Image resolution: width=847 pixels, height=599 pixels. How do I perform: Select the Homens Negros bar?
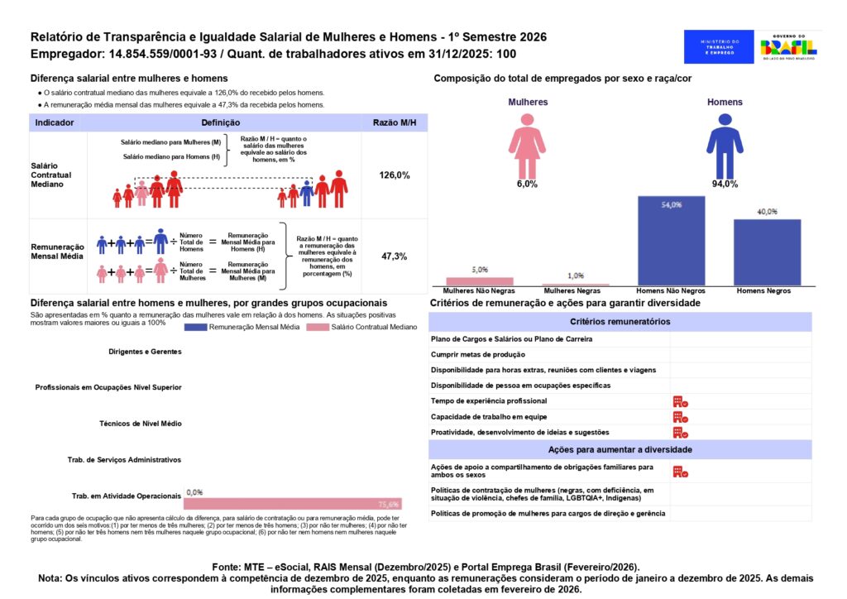[x=767, y=252]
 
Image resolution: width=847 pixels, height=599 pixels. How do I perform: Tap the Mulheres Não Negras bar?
[x=480, y=281]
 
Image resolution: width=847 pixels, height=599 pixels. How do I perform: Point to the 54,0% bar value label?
[x=671, y=204]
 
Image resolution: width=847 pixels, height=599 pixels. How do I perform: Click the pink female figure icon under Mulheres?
[x=527, y=145]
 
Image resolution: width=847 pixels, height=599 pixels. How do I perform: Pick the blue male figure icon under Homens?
[x=725, y=145]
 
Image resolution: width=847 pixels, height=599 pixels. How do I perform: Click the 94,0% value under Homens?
[x=725, y=184]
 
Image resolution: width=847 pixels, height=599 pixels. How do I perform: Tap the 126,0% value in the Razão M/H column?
[x=394, y=175]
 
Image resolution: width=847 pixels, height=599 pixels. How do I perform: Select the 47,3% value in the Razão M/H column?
[x=394, y=256]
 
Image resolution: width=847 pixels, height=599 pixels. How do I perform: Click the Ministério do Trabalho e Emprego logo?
[x=719, y=47]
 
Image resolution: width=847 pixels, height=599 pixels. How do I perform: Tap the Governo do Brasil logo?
[x=789, y=47]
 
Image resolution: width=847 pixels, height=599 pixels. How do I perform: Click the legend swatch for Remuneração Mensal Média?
[x=206, y=328]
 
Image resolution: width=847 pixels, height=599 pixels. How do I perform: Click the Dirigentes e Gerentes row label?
[x=145, y=352]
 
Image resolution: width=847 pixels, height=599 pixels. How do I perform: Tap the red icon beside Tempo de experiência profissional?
[x=680, y=401]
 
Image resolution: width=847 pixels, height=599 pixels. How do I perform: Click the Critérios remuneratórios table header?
[x=620, y=322]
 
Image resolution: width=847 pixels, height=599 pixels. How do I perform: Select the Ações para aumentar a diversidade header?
[x=620, y=449]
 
